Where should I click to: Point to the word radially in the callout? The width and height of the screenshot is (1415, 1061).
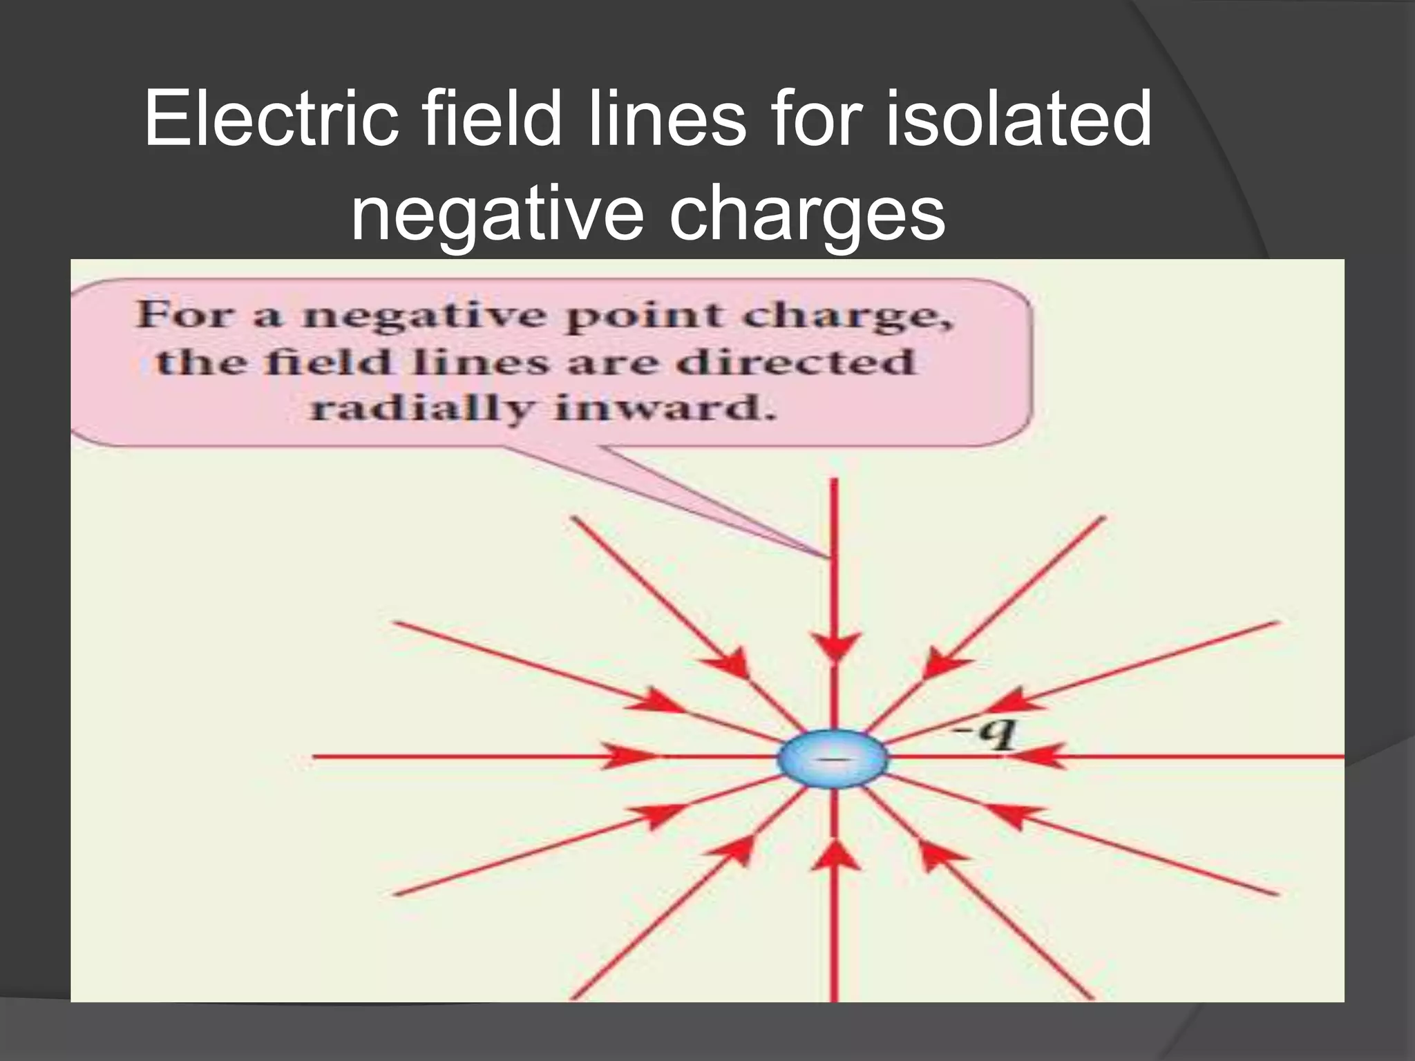click(x=421, y=409)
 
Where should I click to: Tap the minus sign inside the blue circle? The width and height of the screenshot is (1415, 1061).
click(x=834, y=758)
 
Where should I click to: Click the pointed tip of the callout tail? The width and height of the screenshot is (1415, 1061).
click(x=826, y=556)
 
